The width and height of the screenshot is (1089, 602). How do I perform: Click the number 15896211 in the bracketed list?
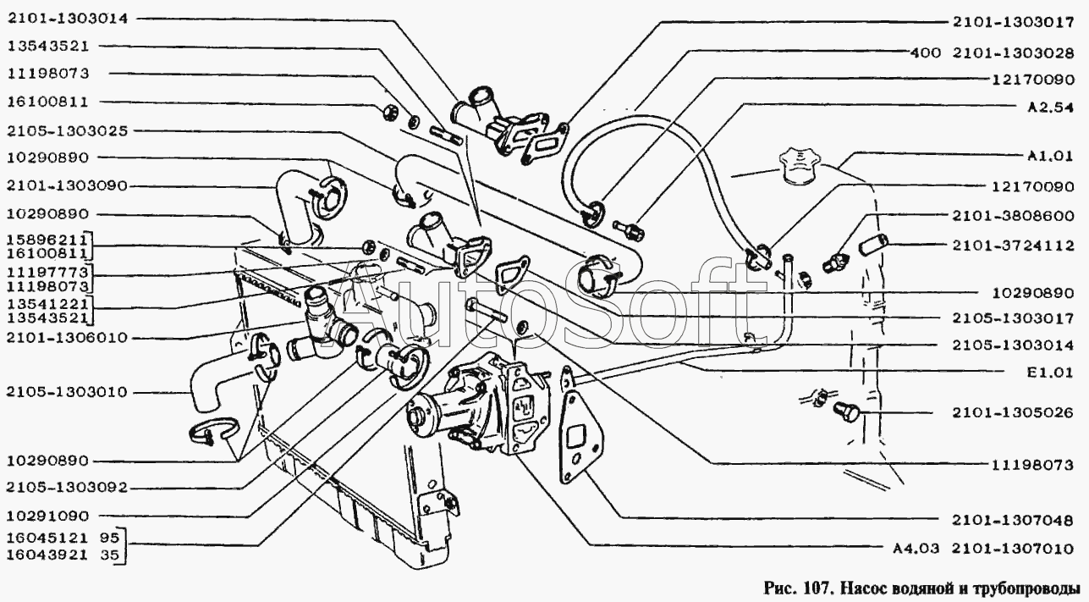(46, 240)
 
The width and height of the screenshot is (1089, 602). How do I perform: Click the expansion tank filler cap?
(797, 165)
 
